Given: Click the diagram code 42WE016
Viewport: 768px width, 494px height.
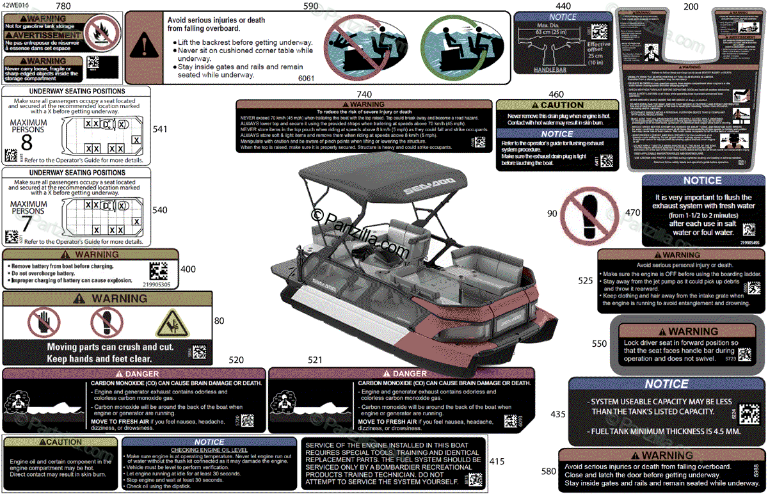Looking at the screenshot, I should [x=15, y=5].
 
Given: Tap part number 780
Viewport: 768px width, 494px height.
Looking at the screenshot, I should [x=64, y=6].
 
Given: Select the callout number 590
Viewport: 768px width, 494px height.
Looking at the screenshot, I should [x=311, y=6].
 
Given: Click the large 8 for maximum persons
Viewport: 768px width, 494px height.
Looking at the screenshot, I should [x=26, y=141].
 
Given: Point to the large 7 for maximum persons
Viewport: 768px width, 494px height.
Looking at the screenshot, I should [x=26, y=223].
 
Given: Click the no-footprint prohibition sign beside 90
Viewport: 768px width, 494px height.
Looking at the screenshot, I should [x=589, y=214].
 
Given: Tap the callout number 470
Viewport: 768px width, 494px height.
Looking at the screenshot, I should [x=632, y=212].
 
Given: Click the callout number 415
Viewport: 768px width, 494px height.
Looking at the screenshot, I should [x=497, y=461].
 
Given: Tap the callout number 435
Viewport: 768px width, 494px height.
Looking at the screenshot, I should [x=558, y=414].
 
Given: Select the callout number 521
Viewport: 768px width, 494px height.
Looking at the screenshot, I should [x=315, y=361].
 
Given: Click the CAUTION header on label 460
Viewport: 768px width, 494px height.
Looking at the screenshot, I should [x=557, y=105].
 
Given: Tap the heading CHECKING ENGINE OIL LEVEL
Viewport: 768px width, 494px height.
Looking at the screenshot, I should [x=210, y=450].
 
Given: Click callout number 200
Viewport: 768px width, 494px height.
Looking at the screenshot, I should [x=691, y=6].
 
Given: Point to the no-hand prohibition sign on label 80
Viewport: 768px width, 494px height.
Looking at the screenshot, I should [x=44, y=323].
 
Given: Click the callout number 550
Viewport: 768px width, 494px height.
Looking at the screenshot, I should [x=599, y=344].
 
